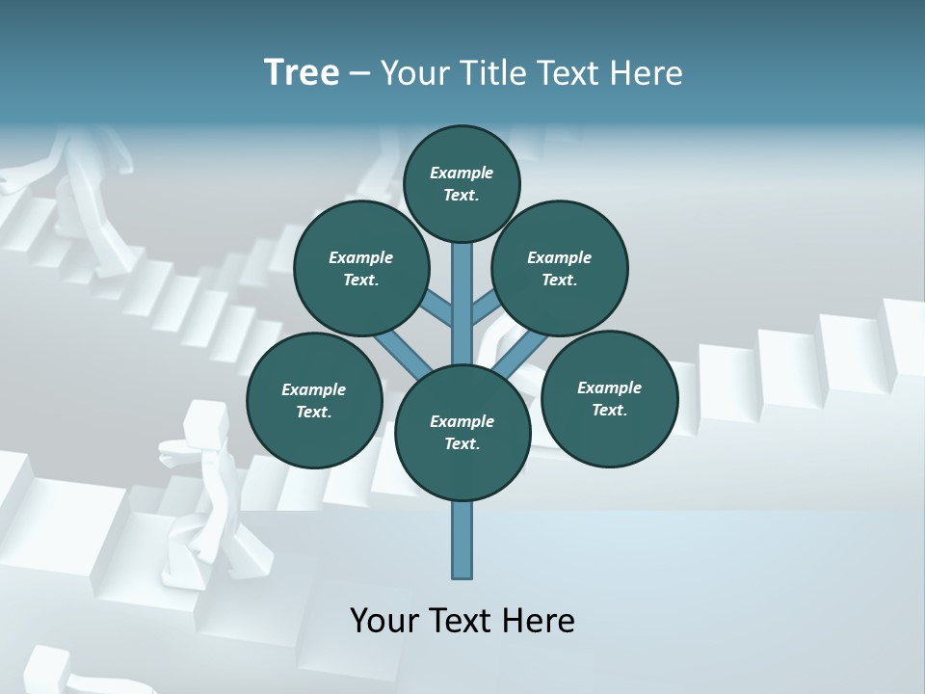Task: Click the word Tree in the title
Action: point(302,72)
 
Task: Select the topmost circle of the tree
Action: point(462,183)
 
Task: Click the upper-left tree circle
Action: point(360,268)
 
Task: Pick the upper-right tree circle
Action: point(559,268)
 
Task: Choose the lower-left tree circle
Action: point(314,400)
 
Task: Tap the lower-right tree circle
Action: point(609,398)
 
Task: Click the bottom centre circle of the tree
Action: point(462,432)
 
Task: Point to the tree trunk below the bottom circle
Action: point(462,540)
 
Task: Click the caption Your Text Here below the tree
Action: point(462,621)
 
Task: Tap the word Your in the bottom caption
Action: point(384,621)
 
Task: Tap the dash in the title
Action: point(359,73)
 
